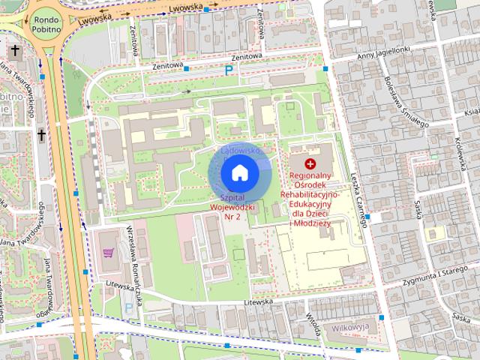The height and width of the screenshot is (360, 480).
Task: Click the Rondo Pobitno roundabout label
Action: [46, 26]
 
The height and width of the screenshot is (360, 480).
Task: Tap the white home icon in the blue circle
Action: [239, 174]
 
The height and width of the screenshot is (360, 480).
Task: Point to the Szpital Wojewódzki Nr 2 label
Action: [232, 205]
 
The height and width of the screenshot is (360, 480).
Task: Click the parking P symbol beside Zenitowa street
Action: [229, 70]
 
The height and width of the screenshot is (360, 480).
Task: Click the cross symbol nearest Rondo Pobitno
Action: [15, 50]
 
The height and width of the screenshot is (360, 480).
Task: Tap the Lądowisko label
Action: [240, 151]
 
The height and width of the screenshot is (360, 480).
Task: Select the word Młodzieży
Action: [312, 223]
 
